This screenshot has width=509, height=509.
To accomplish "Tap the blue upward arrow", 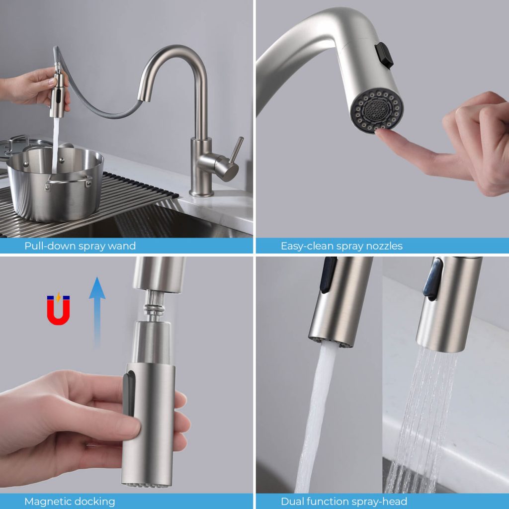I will click(97, 311).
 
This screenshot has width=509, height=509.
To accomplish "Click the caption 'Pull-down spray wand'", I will click(80, 246).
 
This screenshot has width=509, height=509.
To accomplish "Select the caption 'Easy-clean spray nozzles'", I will click(341, 246).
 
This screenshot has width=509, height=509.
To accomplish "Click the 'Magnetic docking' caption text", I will click(70, 501).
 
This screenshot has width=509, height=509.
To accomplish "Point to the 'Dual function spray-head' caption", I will click(344, 501).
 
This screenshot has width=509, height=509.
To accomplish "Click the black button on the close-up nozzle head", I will click(384, 55).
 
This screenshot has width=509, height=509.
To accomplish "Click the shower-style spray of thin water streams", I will click(423, 413).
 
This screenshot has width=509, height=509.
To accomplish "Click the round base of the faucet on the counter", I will click(201, 192).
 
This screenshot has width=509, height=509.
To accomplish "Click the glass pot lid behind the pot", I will click(20, 144).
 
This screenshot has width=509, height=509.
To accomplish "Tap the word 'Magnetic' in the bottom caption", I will click(47, 501).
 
